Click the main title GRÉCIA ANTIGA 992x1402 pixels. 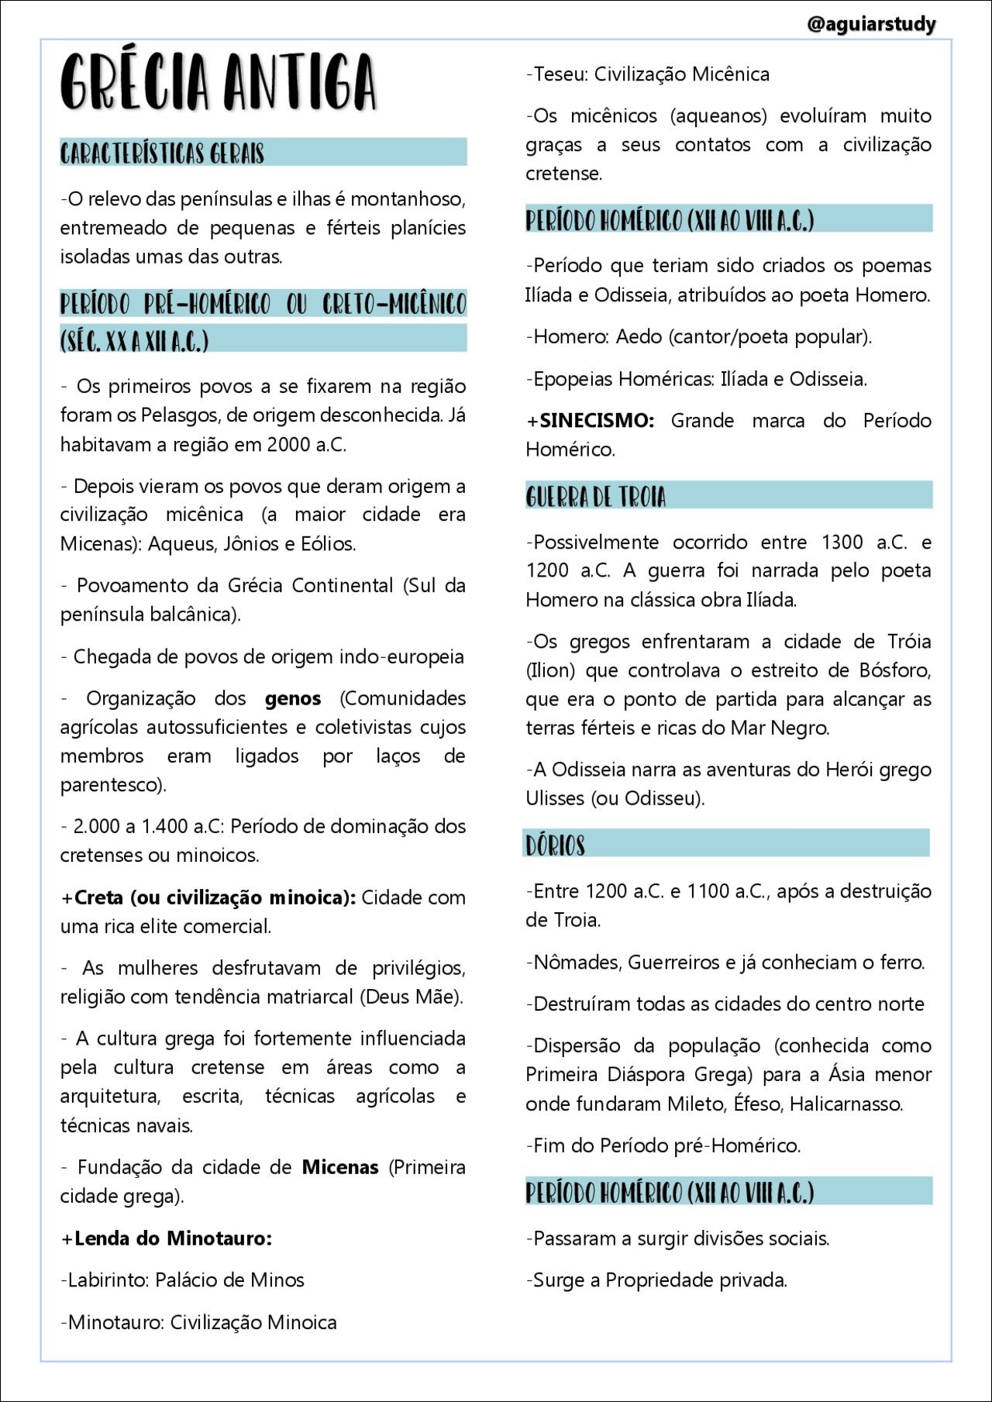(x=219, y=82)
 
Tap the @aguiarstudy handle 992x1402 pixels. (x=871, y=24)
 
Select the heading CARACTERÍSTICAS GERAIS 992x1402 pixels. (x=163, y=153)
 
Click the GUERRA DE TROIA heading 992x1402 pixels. (x=595, y=496)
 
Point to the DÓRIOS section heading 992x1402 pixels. (x=555, y=845)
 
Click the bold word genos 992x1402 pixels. (x=293, y=699)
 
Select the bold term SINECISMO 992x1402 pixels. (x=597, y=421)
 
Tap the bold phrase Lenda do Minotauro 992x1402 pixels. (x=173, y=1238)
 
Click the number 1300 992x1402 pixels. (x=842, y=543)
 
